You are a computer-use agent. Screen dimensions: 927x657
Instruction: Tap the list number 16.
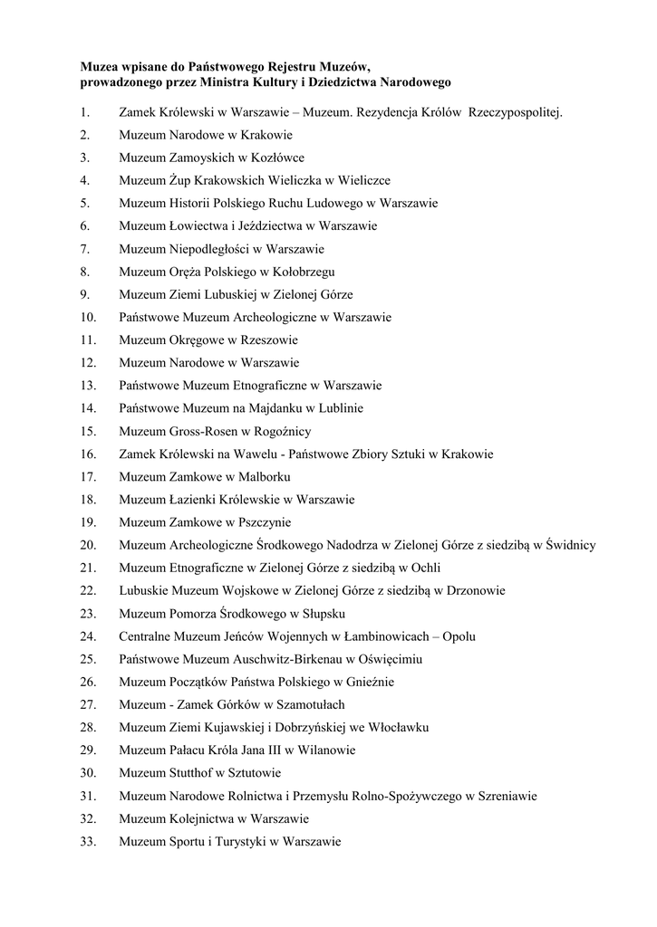[x=88, y=454]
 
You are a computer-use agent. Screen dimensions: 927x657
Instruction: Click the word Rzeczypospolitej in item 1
[x=516, y=112]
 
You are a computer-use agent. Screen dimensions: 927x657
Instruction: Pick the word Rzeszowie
[x=268, y=339]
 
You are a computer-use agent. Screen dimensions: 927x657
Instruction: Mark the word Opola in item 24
[x=459, y=636]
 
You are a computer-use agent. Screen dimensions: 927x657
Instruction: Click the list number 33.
[x=88, y=841]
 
